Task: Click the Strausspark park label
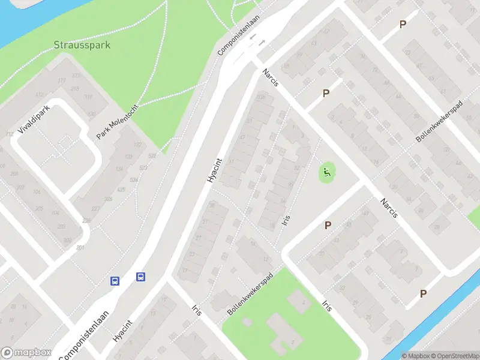tap(82, 45)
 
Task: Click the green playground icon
tap(326, 174)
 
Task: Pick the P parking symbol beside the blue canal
tap(424, 293)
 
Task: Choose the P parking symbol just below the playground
tap(328, 225)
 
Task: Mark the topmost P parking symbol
tap(403, 24)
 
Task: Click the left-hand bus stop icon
tap(114, 281)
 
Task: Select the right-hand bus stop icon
tap(140, 277)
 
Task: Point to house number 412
tap(40, 95)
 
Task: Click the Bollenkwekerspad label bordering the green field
tap(250, 294)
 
